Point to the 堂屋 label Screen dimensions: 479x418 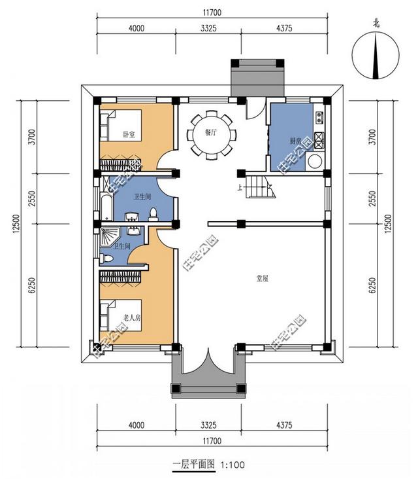[262, 278]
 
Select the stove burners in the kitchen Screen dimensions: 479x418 [319, 139]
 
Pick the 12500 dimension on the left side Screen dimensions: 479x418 [12, 226]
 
